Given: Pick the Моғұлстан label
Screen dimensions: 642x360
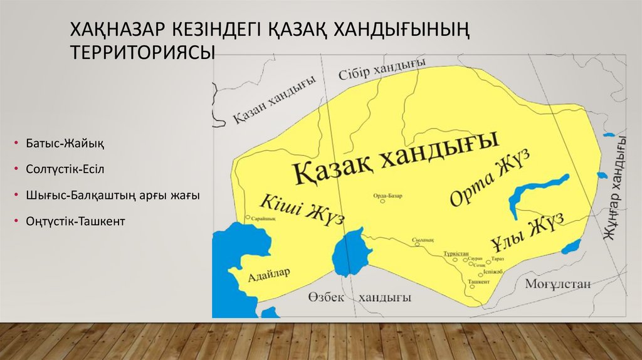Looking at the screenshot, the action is tap(558, 284).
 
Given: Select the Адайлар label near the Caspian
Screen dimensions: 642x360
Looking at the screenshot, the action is tap(268, 274).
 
